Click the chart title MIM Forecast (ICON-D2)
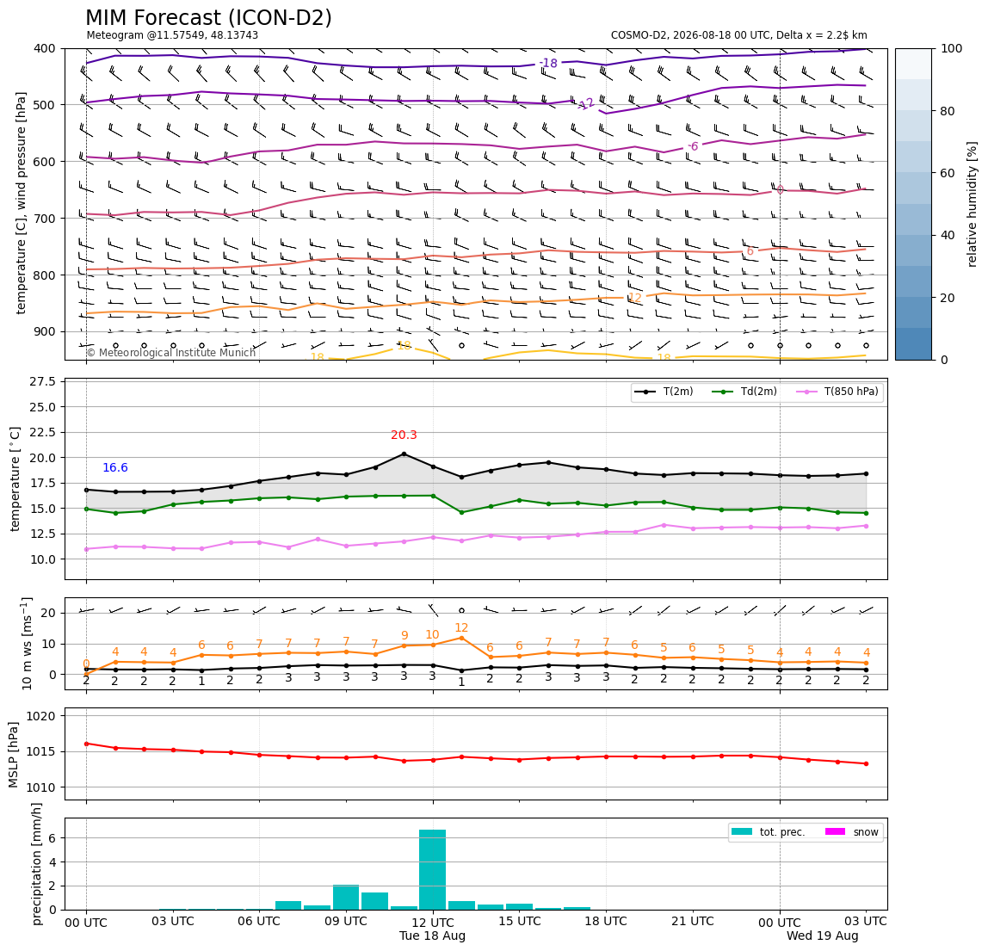(x=208, y=18)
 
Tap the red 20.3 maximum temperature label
(x=404, y=435)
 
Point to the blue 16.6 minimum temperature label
(x=115, y=467)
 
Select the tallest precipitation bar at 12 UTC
(x=432, y=870)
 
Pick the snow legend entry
(x=852, y=832)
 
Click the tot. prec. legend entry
(x=768, y=832)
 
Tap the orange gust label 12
(x=461, y=627)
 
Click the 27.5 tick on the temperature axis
(x=43, y=381)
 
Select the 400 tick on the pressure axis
(x=46, y=48)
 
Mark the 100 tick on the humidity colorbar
(x=952, y=48)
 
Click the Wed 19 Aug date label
(x=822, y=936)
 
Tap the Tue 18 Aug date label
(x=432, y=936)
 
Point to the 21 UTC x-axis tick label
(x=693, y=921)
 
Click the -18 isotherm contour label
(x=548, y=63)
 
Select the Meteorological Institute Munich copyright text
(x=170, y=352)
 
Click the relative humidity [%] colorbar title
(x=973, y=204)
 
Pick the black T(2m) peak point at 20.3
(x=404, y=454)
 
